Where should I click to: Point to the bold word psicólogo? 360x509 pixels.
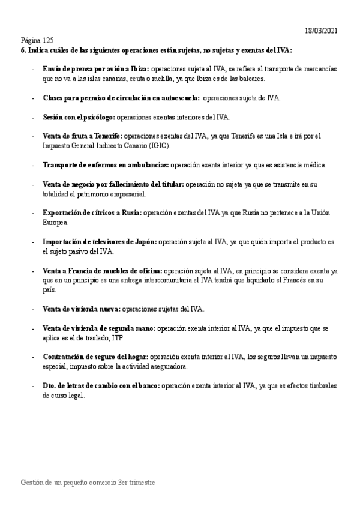pos(98,117)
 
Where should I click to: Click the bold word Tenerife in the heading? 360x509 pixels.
pos(106,136)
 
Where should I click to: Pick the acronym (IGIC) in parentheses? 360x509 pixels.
pos(158,146)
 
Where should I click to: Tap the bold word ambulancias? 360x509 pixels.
pos(149,165)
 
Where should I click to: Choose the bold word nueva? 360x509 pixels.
pos(109,309)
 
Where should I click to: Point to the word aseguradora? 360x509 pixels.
pos(167,366)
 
